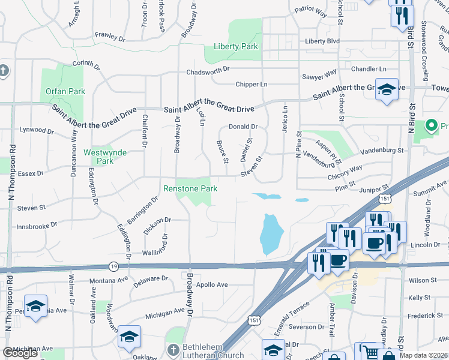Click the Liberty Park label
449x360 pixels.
[x=236, y=46]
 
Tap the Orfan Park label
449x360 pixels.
[x=65, y=92]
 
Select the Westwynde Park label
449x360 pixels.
[x=105, y=157]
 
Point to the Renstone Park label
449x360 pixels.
[x=190, y=188]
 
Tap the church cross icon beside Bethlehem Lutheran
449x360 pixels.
[x=173, y=349]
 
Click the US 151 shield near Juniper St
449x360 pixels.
[x=384, y=199]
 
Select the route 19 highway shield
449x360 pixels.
[x=114, y=265]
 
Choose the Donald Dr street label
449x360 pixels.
[x=243, y=127]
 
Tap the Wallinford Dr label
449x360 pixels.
[x=146, y=253]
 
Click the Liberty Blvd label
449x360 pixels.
[x=322, y=41]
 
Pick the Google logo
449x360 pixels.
[x=20, y=353]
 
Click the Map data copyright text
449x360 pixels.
[x=424, y=355]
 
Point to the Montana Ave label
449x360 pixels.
[x=109, y=280]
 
